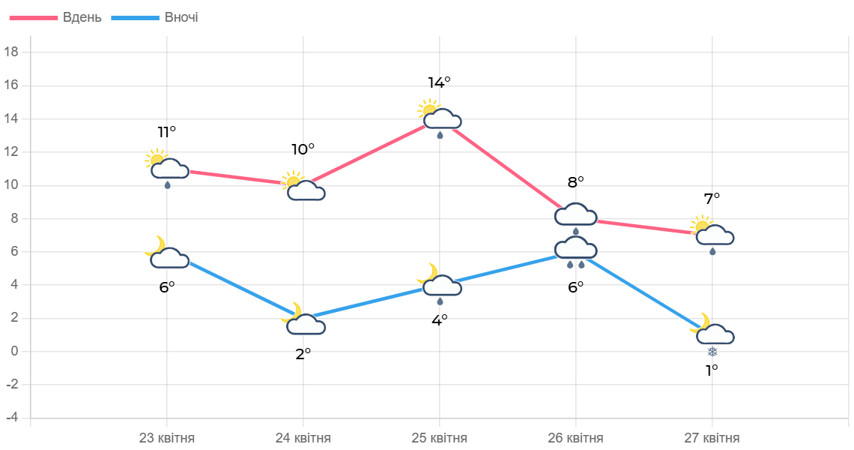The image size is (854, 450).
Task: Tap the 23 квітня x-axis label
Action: pos(167,438)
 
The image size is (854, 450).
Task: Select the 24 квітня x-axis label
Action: pos(303,438)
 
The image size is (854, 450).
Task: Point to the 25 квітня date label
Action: pos(440,438)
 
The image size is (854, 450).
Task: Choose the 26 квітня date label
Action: pos(575,438)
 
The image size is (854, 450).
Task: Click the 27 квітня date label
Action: pos(712,438)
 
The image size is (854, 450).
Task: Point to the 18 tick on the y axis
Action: pos(11,52)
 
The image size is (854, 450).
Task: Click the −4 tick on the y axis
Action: pos(11,417)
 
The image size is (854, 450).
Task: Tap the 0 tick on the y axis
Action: pos(14,351)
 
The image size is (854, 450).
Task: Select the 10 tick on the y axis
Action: pos(11,184)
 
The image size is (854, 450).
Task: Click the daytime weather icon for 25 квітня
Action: pos(440,118)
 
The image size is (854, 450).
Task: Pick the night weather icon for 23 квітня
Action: pos(166,253)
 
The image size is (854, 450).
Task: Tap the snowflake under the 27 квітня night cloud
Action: pos(712,352)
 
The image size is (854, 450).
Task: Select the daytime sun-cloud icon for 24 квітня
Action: pos(303,186)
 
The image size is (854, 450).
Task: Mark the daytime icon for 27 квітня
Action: pos(712,234)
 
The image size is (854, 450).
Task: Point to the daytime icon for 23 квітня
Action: pos(167,167)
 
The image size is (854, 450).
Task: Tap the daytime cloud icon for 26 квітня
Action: pos(575,216)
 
